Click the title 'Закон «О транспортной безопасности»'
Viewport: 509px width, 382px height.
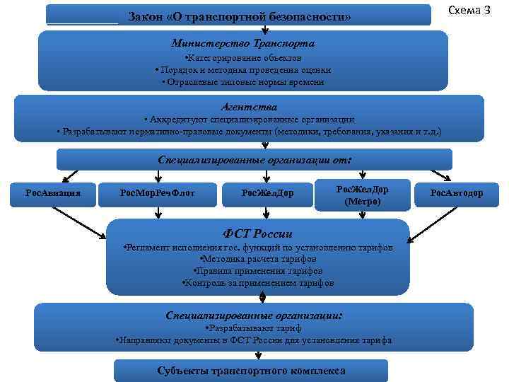tap(240, 16)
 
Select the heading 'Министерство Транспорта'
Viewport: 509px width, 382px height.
tap(243, 43)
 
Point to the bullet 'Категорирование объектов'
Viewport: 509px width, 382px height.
tap(243, 57)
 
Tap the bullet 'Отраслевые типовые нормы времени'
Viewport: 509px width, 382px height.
tap(243, 82)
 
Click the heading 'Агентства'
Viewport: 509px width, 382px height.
tap(244, 107)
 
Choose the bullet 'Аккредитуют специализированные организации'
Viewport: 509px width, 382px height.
tap(248, 120)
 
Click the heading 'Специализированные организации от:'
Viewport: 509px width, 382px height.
tap(255, 159)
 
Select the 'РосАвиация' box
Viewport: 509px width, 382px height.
tap(52, 192)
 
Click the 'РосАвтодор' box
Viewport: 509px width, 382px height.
tap(457, 192)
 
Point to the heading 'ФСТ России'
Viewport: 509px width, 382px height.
tap(257, 233)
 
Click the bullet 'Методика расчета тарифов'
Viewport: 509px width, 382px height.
tap(257, 260)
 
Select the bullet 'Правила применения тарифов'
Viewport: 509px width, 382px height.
tap(257, 271)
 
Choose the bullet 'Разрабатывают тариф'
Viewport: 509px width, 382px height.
tap(253, 328)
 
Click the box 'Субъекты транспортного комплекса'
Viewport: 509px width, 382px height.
tap(252, 371)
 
